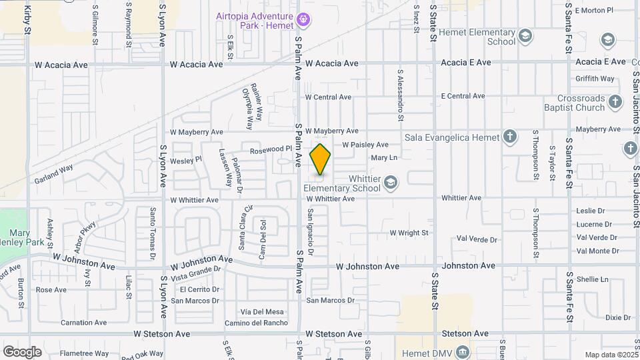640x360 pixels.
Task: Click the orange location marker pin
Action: click(320, 159)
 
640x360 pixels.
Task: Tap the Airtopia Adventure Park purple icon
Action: click(303, 20)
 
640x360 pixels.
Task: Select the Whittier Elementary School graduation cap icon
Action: click(391, 181)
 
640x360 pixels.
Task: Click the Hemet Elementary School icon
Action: click(525, 35)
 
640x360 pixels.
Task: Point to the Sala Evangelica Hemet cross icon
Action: click(510, 137)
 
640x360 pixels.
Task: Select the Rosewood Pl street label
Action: click(271, 150)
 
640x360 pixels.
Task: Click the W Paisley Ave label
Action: click(365, 145)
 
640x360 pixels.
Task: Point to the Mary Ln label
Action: click(383, 158)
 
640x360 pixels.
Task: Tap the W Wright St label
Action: click(409, 233)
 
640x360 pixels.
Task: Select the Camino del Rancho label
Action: click(256, 323)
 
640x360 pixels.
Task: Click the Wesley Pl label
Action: click(186, 160)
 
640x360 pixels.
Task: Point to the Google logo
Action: click(22, 351)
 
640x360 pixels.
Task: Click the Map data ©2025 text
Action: click(611, 355)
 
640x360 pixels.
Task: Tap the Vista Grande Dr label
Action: click(195, 273)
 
